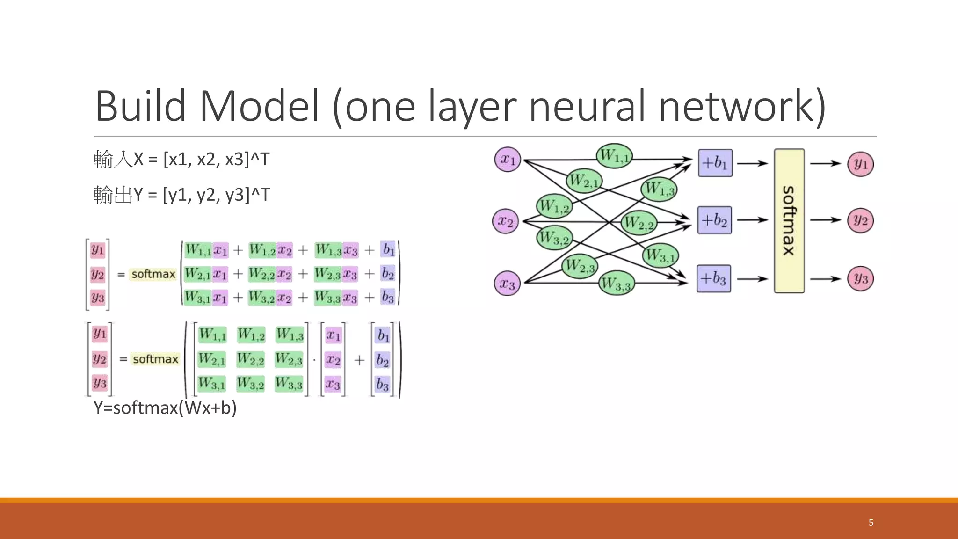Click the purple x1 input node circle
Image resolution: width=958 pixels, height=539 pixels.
(x=508, y=160)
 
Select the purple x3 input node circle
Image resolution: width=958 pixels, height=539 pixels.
(x=507, y=283)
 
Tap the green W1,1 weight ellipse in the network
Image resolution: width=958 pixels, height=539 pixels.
(x=614, y=156)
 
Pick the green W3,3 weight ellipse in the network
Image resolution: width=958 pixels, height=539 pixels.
(x=617, y=283)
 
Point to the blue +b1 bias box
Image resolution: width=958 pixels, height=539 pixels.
(x=715, y=163)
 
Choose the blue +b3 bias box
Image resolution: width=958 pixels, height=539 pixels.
(x=713, y=279)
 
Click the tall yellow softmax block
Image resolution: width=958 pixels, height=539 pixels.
(x=789, y=221)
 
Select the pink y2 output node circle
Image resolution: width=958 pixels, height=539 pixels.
(x=860, y=220)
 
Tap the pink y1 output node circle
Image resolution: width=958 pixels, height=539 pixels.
(x=860, y=164)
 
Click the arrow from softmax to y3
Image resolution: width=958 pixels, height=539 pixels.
(x=825, y=279)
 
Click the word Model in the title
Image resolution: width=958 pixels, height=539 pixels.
(x=260, y=107)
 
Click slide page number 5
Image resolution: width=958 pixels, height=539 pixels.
(x=871, y=523)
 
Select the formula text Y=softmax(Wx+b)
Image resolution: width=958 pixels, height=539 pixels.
(x=165, y=408)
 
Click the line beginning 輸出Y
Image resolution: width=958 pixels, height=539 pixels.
(x=181, y=195)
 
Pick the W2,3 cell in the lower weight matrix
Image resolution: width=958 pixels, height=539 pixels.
(x=289, y=359)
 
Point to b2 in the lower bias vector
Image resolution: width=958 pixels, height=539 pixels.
(x=382, y=360)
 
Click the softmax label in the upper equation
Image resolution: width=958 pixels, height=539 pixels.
(x=153, y=274)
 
